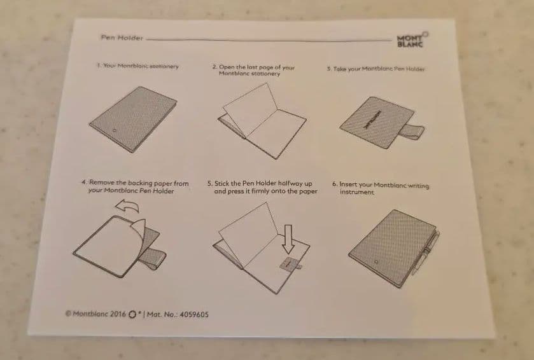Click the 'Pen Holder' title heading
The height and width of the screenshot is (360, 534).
coord(122,38)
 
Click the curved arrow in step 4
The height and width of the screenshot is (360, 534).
coord(127,206)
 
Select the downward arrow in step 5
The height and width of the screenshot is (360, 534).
coord(288,239)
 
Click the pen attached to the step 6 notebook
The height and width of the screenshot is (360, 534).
coord(426,252)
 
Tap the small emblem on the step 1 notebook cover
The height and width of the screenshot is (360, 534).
coord(115,130)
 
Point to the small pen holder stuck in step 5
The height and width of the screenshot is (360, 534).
coord(290,264)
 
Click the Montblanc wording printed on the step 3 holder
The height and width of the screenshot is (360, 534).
coord(372,120)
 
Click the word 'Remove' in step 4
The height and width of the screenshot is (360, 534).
coord(101,183)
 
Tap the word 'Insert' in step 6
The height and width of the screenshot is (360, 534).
coord(348,184)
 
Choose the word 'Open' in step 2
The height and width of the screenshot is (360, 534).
coord(227,67)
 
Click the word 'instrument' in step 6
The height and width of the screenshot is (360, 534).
coord(356,192)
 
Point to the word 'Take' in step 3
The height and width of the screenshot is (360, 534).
coord(339,69)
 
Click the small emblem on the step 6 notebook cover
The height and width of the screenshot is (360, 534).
coord(376,262)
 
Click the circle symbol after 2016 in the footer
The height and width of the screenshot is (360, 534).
coord(132,314)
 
